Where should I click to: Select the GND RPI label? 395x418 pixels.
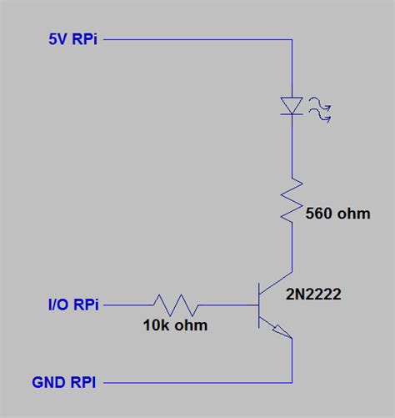click(64, 383)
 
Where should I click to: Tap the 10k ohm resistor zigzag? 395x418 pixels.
click(175, 305)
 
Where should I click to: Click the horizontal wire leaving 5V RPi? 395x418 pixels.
click(200, 39)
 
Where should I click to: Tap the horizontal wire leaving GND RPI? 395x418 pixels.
click(200, 383)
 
